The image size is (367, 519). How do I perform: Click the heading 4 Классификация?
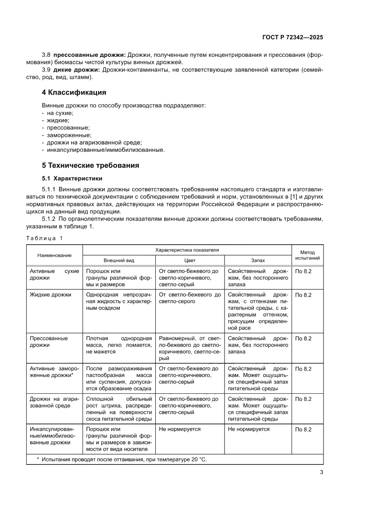pyautogui.click(x=74, y=92)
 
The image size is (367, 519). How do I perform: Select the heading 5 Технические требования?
pyautogui.click(x=91, y=166)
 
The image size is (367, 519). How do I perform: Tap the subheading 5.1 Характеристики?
pyautogui.click(x=72, y=178)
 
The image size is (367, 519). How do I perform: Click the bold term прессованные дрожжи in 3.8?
pyautogui.click(x=89, y=55)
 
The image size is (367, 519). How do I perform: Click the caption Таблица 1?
pyautogui.click(x=44, y=238)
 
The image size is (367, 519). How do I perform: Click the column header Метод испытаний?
pyautogui.click(x=307, y=255)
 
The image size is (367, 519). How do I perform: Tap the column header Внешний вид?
pyautogui.click(x=119, y=261)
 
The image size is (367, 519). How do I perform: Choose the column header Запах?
pyautogui.click(x=257, y=261)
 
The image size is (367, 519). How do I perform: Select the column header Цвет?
pyautogui.click(x=189, y=261)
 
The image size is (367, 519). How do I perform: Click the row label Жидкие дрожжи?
pyautogui.click(x=50, y=295)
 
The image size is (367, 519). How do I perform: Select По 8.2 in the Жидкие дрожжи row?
pyautogui.click(x=304, y=295)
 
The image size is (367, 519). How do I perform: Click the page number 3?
pyautogui.click(x=321, y=472)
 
